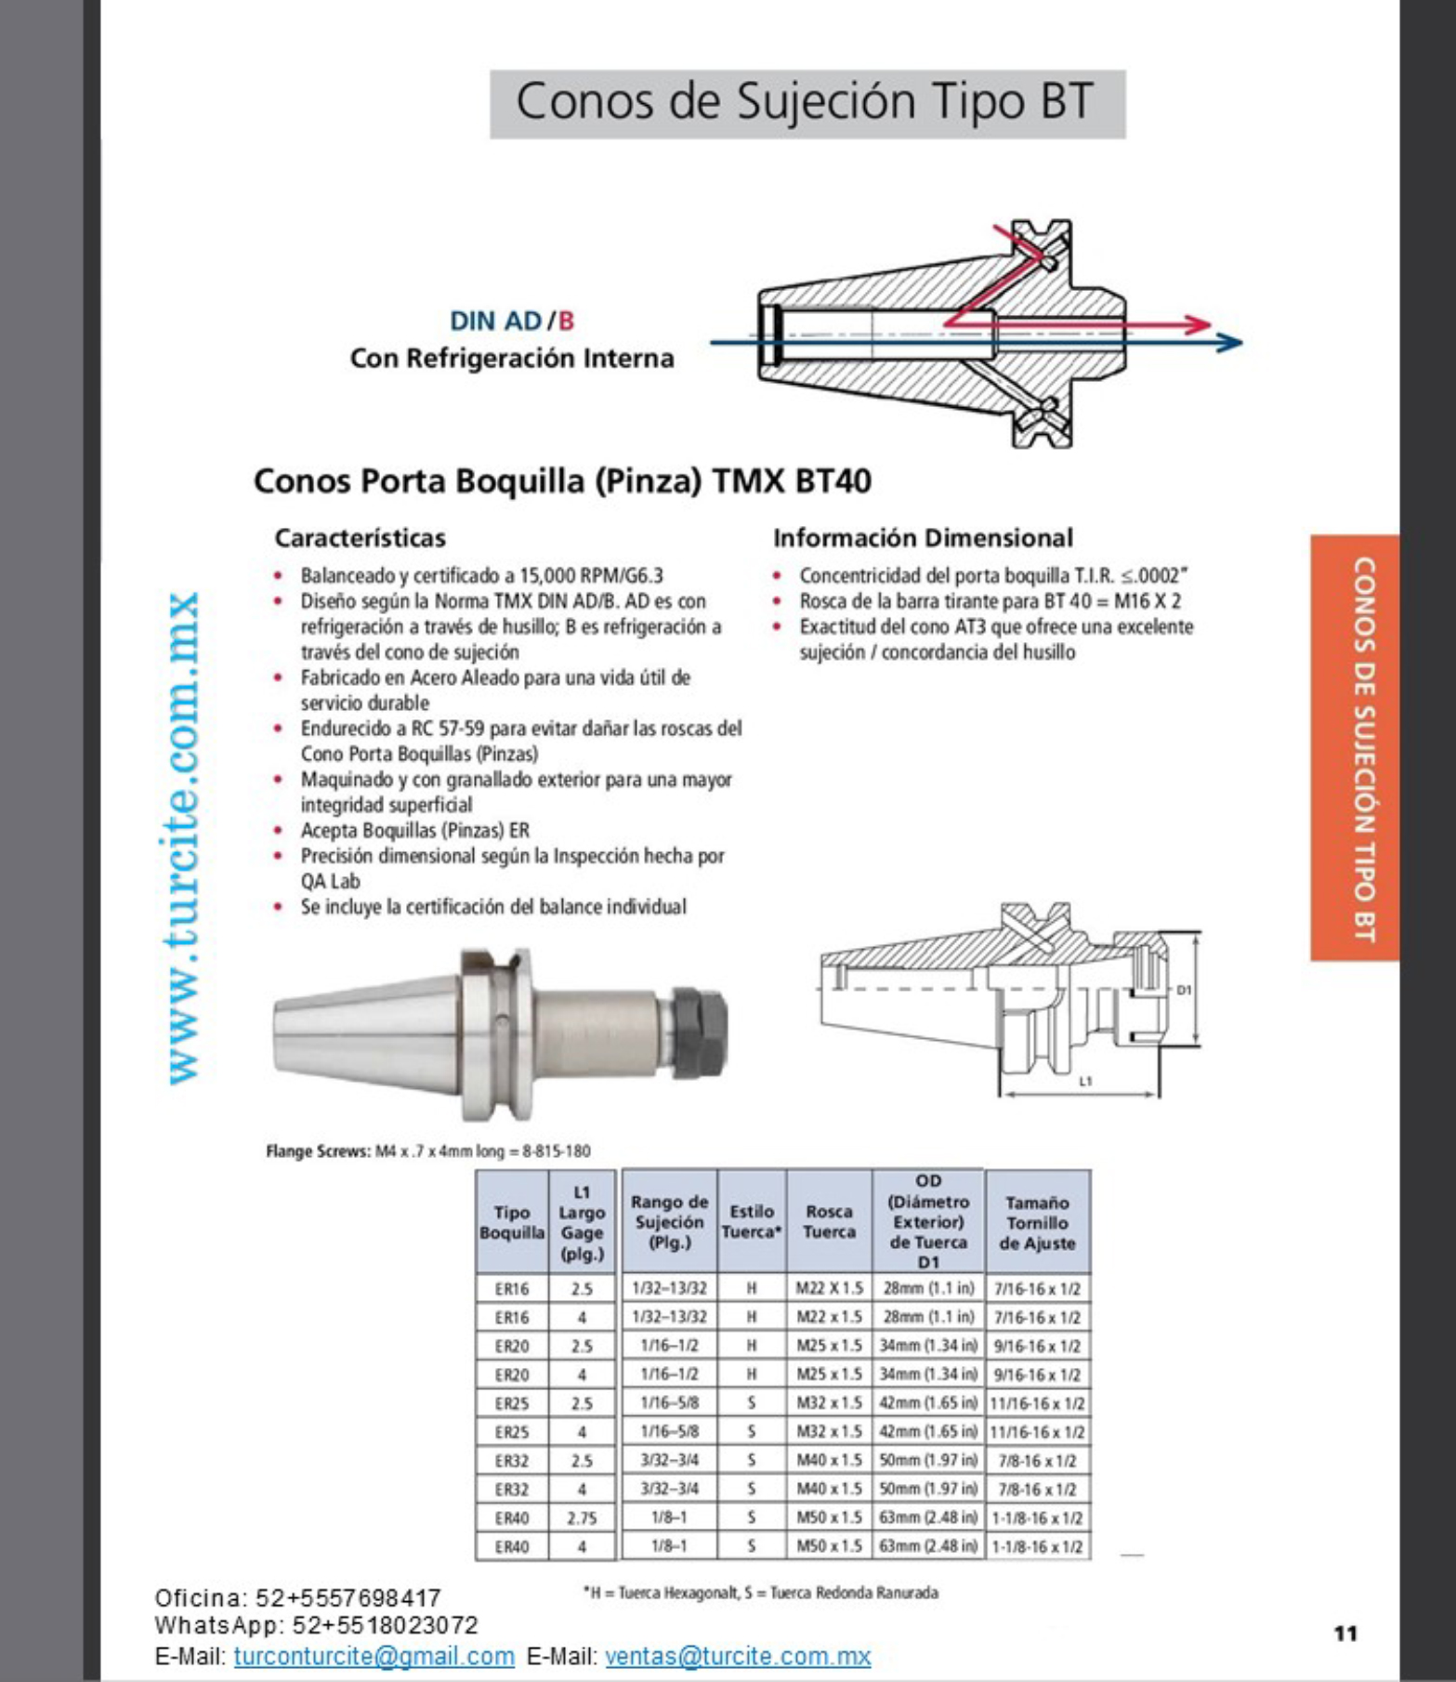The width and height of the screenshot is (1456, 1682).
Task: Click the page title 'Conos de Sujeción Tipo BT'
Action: (806, 102)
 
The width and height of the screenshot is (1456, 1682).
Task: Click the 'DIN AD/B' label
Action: (511, 322)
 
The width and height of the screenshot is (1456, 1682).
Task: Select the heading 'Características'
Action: (360, 538)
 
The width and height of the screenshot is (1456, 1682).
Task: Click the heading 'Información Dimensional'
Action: (922, 538)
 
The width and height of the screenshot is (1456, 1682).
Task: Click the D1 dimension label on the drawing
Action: (1184, 991)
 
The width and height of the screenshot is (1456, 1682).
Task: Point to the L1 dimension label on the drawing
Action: (1085, 1081)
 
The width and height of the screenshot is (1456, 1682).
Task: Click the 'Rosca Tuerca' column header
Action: (828, 1222)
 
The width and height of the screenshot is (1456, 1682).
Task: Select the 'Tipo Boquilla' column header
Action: (511, 1222)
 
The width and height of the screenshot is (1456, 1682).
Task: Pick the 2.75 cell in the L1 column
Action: (582, 1518)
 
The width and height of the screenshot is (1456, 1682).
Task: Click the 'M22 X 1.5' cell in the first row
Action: (829, 1289)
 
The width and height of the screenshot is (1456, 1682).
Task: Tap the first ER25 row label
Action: (511, 1403)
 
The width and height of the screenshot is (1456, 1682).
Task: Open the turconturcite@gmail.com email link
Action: (374, 1657)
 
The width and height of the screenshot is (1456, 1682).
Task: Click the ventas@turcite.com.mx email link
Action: (737, 1657)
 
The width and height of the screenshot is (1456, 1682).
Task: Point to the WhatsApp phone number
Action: (385, 1626)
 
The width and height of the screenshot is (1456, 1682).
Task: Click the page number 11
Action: (1345, 1634)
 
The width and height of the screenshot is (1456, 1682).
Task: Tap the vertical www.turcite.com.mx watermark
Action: (182, 836)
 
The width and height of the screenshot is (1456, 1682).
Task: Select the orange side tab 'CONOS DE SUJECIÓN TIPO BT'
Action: (1362, 748)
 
